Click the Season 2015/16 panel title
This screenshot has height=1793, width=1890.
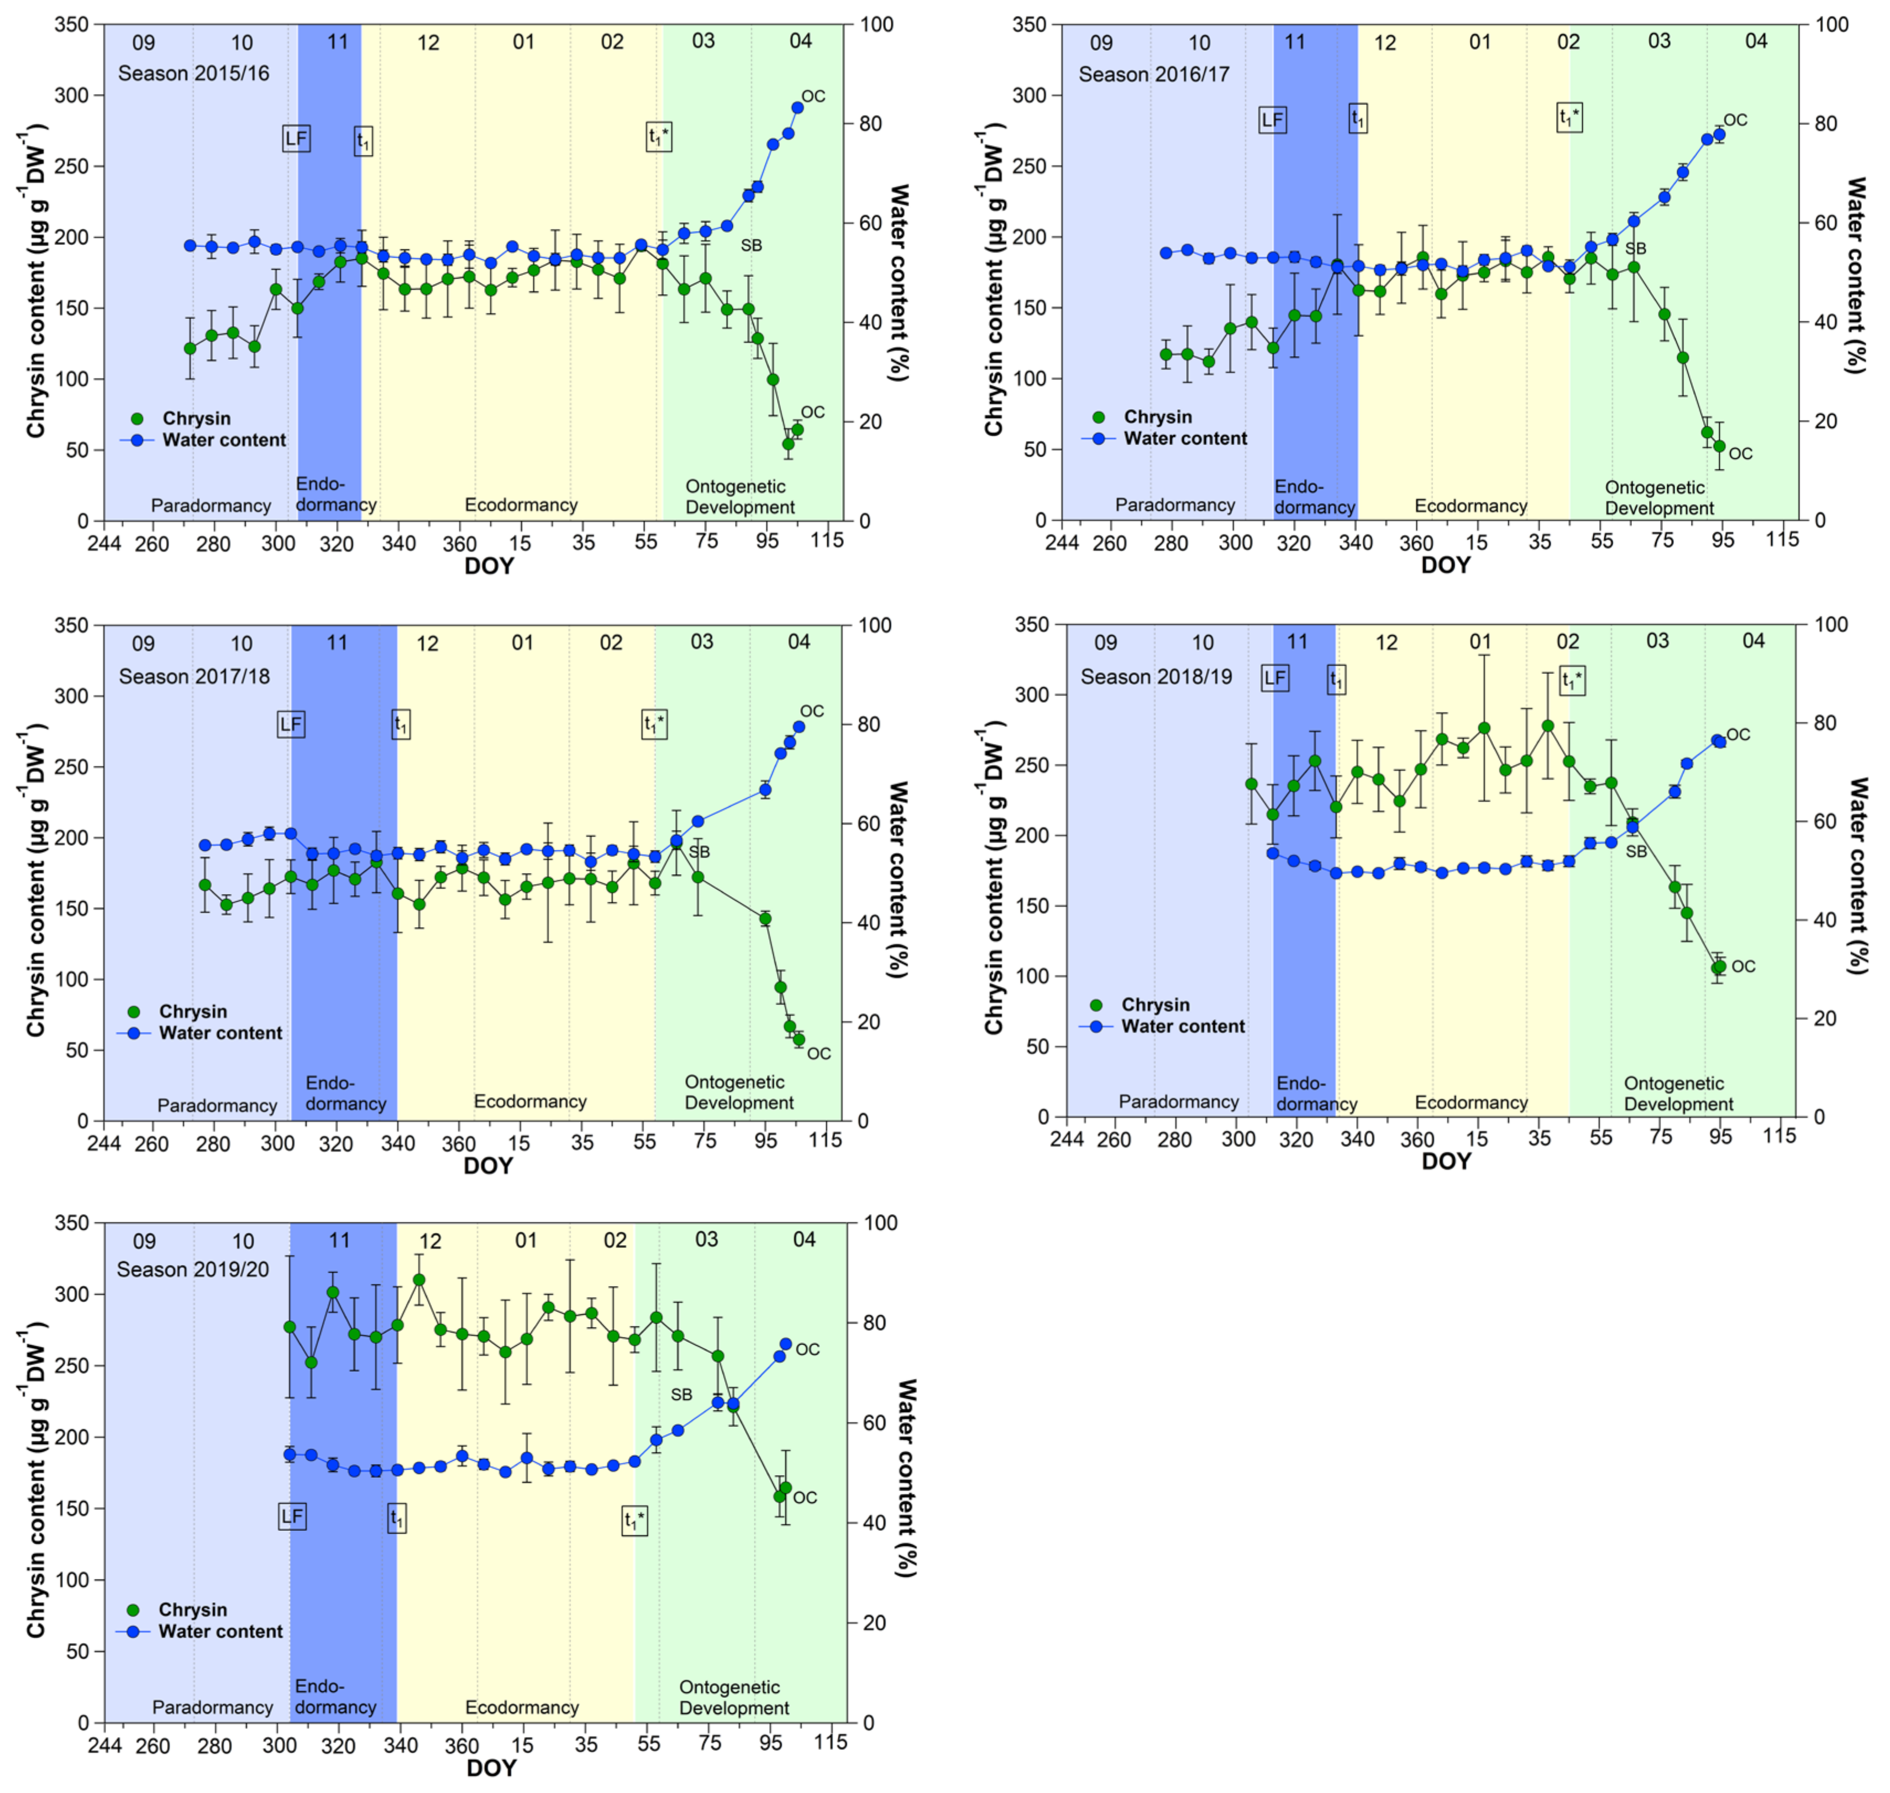(x=193, y=74)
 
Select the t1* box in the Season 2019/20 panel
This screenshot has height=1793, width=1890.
(x=634, y=1520)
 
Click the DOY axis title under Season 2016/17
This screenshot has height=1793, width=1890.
(x=1445, y=566)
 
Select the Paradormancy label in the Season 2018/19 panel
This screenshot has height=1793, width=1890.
(x=1178, y=1102)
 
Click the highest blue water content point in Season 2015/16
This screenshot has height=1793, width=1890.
(x=797, y=108)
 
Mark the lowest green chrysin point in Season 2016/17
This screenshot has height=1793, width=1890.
(x=1719, y=446)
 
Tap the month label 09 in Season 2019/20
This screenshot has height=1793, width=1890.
(x=144, y=1242)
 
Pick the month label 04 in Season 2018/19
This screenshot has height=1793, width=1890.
(x=1754, y=641)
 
